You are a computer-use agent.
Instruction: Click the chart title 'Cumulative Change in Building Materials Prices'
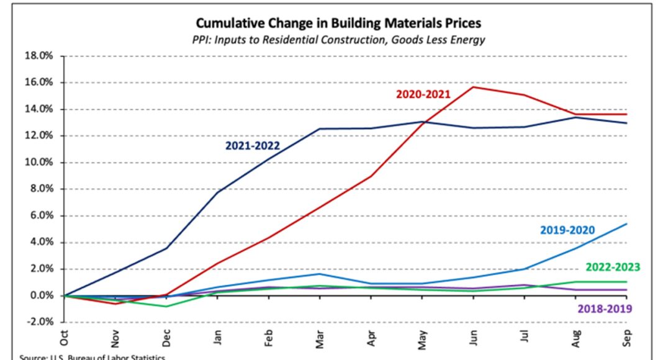(x=338, y=24)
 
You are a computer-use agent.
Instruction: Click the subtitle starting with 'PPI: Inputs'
(x=338, y=40)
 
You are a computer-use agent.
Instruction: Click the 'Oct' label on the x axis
(x=65, y=338)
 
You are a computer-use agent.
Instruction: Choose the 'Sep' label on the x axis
(x=627, y=338)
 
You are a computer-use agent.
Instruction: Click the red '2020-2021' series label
(x=423, y=94)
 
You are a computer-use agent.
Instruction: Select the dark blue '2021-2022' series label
(x=252, y=146)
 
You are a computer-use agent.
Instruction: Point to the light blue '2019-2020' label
(x=567, y=230)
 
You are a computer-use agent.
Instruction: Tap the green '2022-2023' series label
(x=612, y=268)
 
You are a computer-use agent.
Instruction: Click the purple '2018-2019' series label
(x=605, y=308)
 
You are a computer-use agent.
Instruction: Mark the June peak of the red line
(x=474, y=87)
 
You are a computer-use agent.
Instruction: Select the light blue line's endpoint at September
(x=626, y=224)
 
